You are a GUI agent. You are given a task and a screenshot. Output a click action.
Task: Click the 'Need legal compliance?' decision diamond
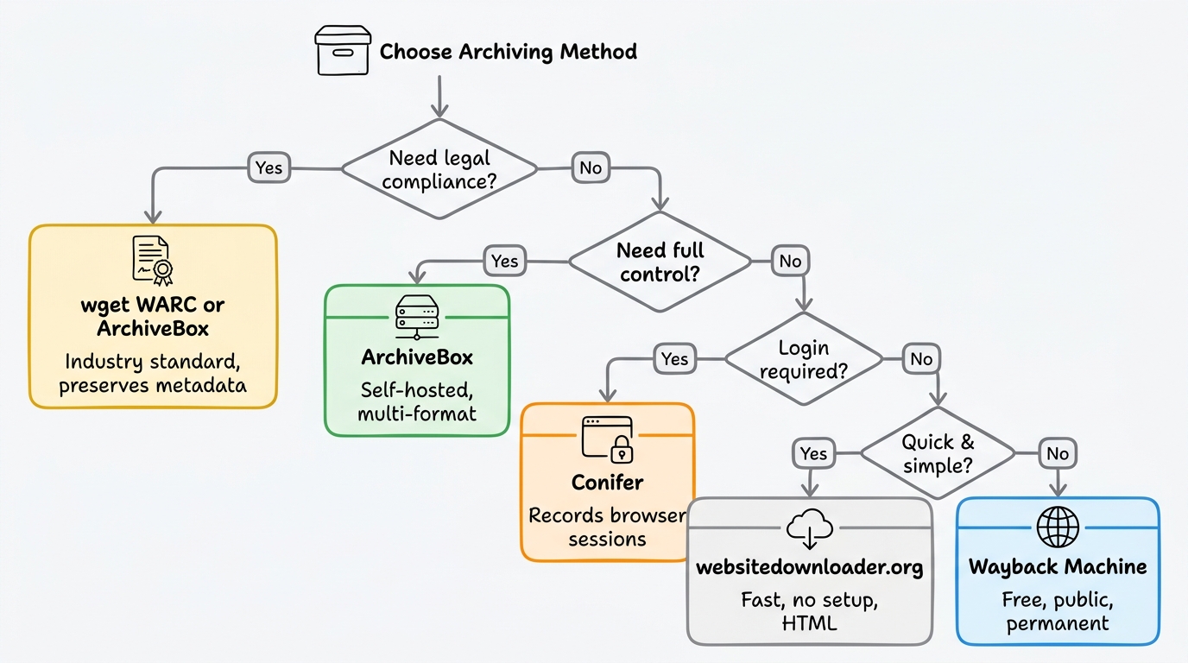coord(439,170)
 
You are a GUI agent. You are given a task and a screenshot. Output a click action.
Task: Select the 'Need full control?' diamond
coord(660,262)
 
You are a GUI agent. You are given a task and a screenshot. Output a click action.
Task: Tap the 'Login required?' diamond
coord(804,359)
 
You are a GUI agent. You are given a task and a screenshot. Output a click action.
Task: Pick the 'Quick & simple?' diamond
coord(938,453)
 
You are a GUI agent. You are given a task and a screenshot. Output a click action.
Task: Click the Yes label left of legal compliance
coord(269,167)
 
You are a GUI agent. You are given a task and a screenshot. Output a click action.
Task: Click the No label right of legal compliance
coord(591,167)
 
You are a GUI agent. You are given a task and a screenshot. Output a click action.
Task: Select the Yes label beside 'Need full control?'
coord(504,260)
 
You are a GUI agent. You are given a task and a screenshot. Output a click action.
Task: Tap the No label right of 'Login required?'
coord(922,358)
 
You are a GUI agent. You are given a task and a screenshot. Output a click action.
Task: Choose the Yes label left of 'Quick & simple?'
coord(813,453)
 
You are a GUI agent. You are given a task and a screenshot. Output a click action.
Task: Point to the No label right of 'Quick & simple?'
coord(1058,453)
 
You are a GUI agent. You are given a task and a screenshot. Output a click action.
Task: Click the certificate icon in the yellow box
coord(153,260)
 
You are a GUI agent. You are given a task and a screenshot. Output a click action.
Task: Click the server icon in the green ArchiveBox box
coord(417,318)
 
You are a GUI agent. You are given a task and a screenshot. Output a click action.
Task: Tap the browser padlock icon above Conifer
coord(608,438)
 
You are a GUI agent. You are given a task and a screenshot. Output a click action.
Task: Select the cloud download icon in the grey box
coord(810,529)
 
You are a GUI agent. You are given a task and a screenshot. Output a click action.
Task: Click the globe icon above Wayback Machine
coord(1058,527)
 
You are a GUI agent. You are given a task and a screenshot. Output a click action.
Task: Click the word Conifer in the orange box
coord(607,482)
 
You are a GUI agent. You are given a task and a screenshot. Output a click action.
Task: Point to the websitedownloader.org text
coord(810,567)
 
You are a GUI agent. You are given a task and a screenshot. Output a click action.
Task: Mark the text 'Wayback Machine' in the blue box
coord(1058,566)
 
